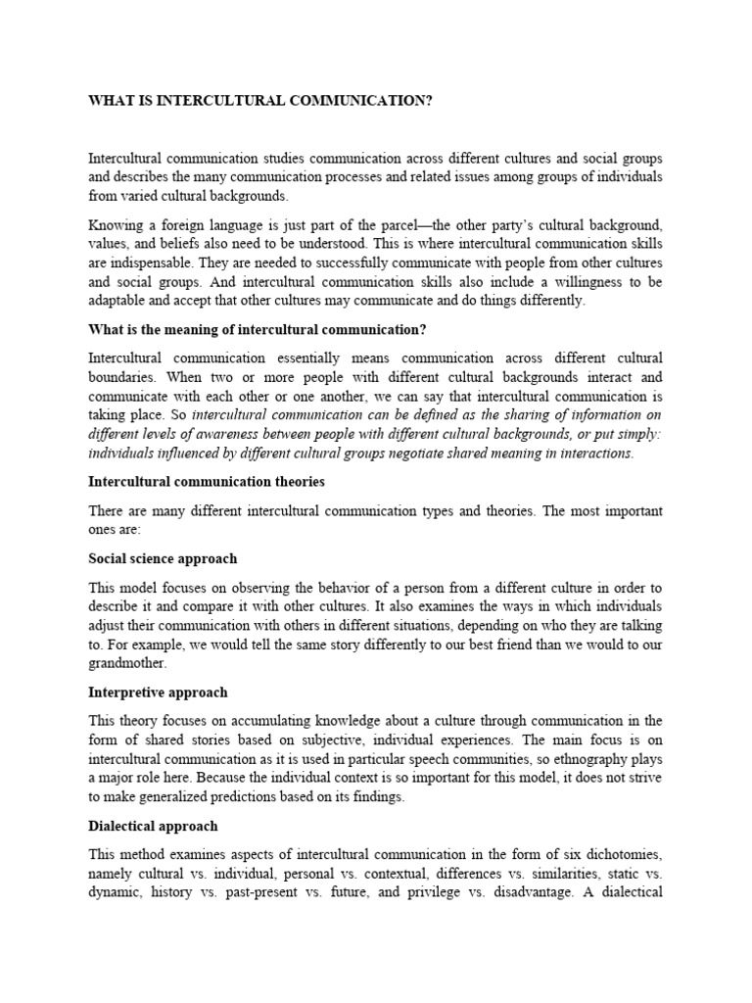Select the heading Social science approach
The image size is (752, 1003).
[x=163, y=558]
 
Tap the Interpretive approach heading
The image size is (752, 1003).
[x=158, y=692]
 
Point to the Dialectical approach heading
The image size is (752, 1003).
[x=153, y=826]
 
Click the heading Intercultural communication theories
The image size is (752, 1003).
[x=207, y=482]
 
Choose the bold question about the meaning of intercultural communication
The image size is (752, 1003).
[x=258, y=328]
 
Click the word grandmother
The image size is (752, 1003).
[x=126, y=663]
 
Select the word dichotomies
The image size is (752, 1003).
[x=620, y=853]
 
